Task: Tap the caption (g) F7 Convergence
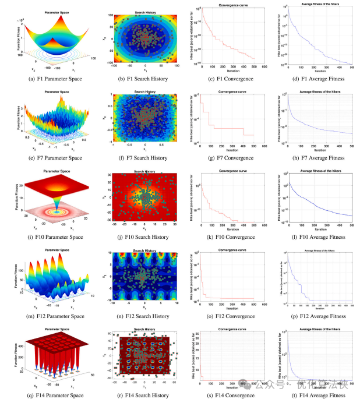click(x=226, y=158)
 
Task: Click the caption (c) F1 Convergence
click(x=226, y=79)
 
